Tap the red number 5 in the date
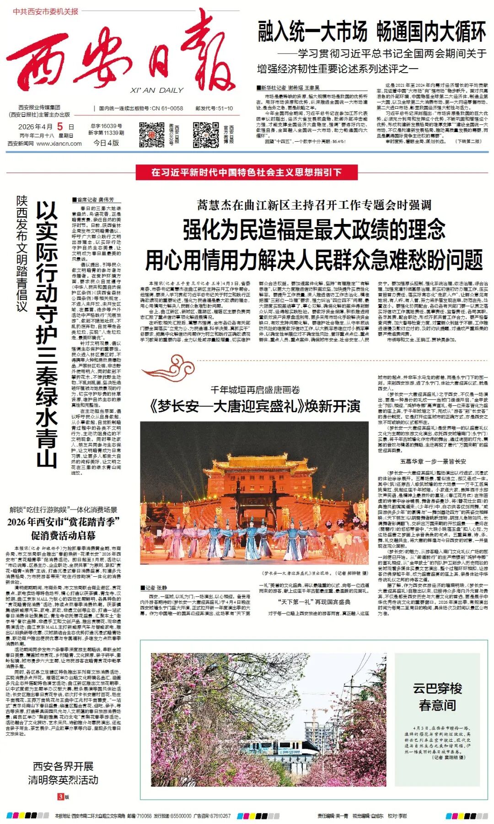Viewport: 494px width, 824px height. coord(60,127)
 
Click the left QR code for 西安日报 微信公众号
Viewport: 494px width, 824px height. coord(151,134)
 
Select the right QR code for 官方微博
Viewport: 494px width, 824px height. coord(205,134)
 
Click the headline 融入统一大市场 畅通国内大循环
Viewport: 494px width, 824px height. coord(372,32)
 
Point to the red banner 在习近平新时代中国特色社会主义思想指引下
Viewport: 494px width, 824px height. coord(247,172)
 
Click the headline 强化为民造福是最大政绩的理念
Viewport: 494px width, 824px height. coord(314,229)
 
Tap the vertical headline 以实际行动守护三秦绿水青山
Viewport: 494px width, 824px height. coord(47,334)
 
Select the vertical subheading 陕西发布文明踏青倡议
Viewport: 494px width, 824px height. coord(21,254)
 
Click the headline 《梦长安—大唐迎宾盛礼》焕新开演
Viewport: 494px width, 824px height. coord(255,406)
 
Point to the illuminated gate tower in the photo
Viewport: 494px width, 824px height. coord(253,480)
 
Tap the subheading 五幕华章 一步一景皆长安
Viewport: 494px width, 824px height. coord(433,461)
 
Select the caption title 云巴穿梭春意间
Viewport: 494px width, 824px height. coord(437,696)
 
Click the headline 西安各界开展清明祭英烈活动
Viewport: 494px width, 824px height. coord(63,773)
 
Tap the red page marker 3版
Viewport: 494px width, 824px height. coord(63,797)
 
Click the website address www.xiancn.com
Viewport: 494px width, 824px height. coord(59,144)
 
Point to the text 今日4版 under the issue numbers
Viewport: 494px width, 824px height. coord(106,143)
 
